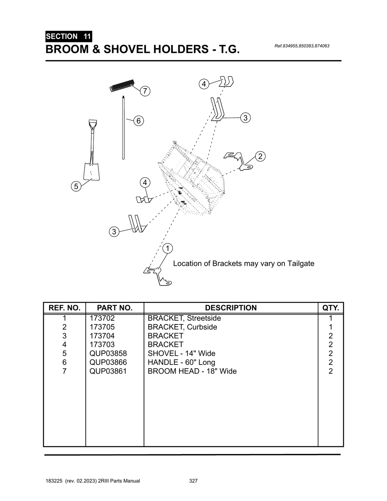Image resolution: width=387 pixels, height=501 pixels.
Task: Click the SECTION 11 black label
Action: coord(68,37)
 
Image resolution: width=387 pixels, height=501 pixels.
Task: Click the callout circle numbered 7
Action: coord(145,91)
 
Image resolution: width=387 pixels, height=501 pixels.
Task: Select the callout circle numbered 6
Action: coord(138,121)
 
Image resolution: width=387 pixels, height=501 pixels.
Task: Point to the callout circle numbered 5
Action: coord(76,186)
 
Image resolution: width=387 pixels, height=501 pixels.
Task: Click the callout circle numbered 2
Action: coord(260,156)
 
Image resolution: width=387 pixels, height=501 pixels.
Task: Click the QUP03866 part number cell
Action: coord(108,362)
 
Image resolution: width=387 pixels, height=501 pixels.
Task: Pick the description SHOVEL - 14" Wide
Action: coord(181,354)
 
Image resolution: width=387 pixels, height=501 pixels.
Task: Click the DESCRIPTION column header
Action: coord(231,308)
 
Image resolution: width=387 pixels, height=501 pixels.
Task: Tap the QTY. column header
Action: coord(331,308)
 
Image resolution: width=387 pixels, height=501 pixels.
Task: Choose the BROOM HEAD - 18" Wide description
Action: coord(192,371)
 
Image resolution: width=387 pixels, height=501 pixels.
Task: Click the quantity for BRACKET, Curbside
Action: coord(331,327)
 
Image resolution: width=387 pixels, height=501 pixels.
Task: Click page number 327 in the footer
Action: coord(193,481)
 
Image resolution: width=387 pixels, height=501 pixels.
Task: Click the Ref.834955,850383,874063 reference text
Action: coord(302,46)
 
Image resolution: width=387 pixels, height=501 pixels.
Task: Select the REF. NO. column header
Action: coord(65,308)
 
